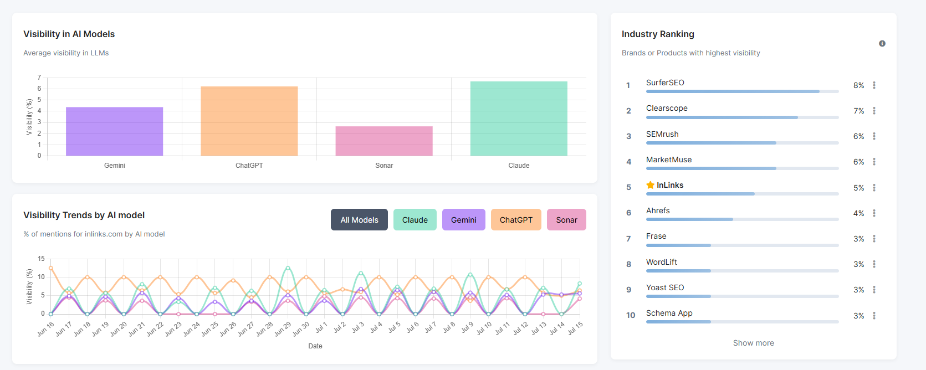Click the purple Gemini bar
(x=114, y=131)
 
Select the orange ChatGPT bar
(x=249, y=121)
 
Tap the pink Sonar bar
(x=383, y=141)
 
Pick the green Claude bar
(x=519, y=119)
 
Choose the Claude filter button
(x=415, y=220)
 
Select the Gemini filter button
(x=463, y=220)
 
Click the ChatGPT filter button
(x=516, y=220)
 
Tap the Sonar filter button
(x=566, y=220)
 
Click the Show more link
(x=753, y=343)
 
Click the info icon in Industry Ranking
(x=882, y=44)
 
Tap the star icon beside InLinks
(x=650, y=185)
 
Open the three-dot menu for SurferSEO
(x=874, y=85)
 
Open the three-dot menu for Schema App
(x=874, y=316)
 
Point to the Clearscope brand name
(x=667, y=108)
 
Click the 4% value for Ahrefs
(x=858, y=213)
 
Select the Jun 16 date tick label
(x=46, y=329)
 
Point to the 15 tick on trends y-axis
(x=41, y=259)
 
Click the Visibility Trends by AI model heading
(x=84, y=215)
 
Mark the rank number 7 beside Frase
(x=628, y=239)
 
